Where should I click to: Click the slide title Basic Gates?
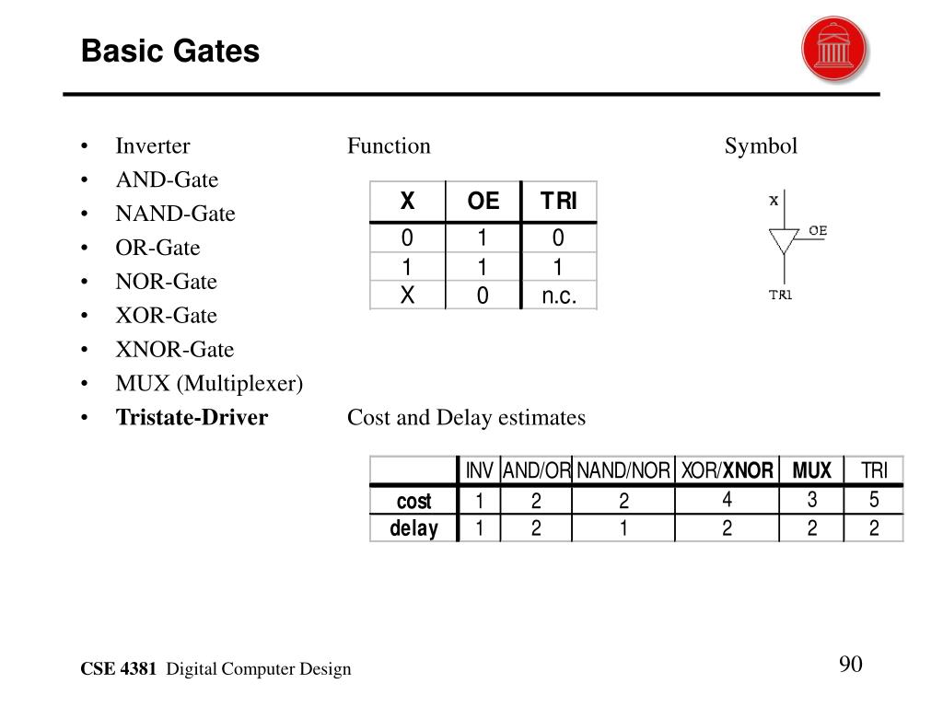[x=170, y=52]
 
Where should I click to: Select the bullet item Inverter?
[x=153, y=145]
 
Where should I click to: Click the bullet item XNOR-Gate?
[x=174, y=350]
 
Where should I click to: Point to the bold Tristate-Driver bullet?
[x=192, y=418]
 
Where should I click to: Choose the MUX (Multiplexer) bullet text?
[x=209, y=384]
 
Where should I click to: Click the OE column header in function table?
[x=483, y=202]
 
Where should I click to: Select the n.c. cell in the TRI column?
[x=558, y=296]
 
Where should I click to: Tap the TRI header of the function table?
[x=558, y=202]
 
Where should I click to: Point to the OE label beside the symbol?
[x=817, y=230]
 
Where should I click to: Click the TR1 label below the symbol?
[x=782, y=296]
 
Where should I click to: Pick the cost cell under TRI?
[x=873, y=501]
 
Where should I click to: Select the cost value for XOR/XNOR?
[x=727, y=501]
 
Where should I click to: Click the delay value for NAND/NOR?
[x=623, y=528]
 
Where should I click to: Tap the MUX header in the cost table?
[x=811, y=471]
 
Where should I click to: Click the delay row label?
[x=413, y=528]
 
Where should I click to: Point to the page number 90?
[x=850, y=666]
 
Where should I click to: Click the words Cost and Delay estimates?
[x=466, y=418]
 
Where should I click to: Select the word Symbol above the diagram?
[x=761, y=145]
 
